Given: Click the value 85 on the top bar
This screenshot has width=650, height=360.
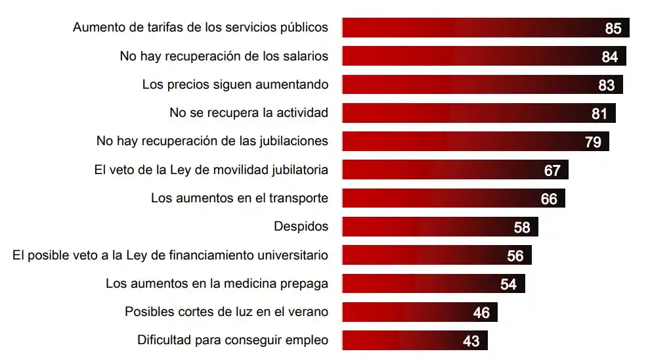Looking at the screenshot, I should tap(613, 28).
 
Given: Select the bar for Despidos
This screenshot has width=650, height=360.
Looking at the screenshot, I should tap(440, 227).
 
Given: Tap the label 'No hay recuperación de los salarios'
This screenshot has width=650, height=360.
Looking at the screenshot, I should tap(224, 56).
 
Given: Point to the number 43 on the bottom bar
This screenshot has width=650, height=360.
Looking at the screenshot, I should tap(471, 341).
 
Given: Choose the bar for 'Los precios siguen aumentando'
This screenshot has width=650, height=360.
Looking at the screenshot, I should tap(483, 85).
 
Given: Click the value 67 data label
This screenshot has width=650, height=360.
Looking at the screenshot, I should tap(552, 170).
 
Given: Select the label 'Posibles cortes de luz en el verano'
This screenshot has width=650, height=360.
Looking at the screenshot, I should tap(227, 311).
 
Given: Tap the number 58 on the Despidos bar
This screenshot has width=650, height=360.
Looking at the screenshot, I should tap(522, 227).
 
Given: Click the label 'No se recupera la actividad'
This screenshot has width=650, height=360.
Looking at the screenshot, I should tap(249, 113).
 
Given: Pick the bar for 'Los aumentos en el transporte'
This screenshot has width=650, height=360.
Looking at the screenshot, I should tap(453, 198).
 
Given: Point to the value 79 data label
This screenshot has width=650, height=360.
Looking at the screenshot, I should tap(593, 142).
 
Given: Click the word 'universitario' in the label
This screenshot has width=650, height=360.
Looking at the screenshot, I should tap(293, 255).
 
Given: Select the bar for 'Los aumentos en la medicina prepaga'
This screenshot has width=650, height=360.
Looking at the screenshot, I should tap(433, 284).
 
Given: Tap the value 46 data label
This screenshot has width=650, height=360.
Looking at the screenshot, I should tap(481, 313).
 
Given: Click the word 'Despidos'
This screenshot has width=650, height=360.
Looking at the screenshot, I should tap(301, 227).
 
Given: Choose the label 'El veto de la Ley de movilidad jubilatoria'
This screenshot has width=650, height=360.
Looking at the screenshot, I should tap(211, 169).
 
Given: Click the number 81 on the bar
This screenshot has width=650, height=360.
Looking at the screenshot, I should tap(599, 114).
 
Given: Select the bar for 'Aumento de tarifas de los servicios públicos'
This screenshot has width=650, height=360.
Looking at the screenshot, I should tap(486, 28).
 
